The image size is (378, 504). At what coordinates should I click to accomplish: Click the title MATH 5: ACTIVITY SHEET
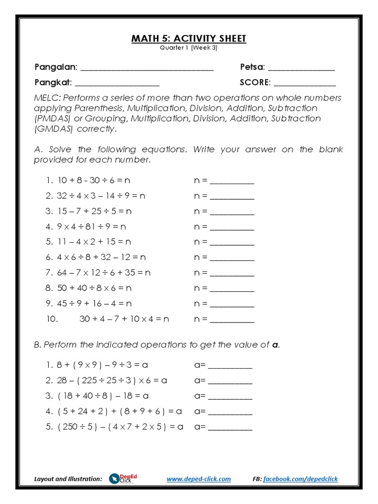point(189,38)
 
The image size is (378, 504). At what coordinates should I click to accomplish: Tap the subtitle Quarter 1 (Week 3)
point(189,48)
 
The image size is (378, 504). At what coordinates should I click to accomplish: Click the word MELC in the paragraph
point(46,97)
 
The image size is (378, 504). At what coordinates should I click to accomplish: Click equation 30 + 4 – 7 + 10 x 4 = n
point(124,319)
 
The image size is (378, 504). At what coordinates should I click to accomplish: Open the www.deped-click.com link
point(198,479)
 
